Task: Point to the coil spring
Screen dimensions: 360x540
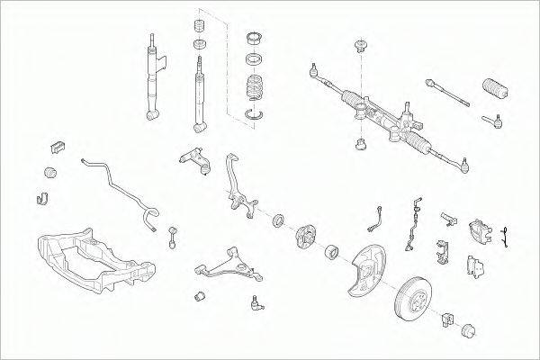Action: [x=256, y=91]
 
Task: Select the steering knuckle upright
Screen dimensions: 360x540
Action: [x=237, y=190]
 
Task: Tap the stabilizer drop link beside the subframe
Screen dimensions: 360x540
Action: [x=172, y=237]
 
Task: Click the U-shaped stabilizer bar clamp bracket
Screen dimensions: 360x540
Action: [x=40, y=197]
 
